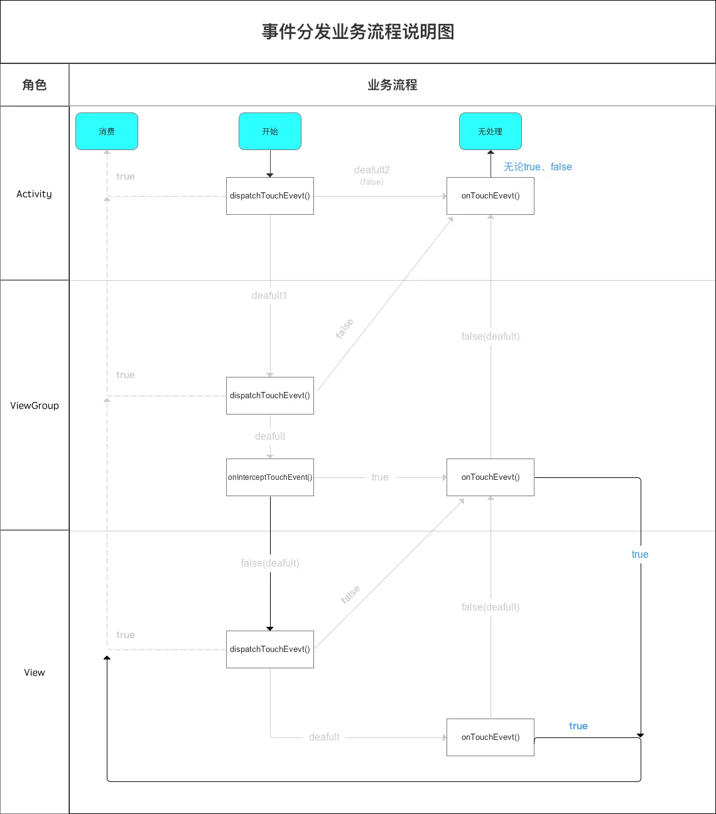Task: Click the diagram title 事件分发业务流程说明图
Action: [x=358, y=32]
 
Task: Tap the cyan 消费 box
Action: [x=107, y=131]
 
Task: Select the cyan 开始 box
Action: [x=270, y=131]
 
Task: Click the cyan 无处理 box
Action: [x=491, y=131]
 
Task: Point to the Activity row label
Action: [x=35, y=194]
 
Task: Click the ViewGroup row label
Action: [x=35, y=406]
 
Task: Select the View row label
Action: [x=35, y=673]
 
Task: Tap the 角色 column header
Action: [x=35, y=85]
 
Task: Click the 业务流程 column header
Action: [x=393, y=85]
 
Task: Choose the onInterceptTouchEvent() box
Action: [x=270, y=477]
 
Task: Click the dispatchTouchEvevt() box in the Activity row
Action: [x=270, y=196]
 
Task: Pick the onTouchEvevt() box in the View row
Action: [x=491, y=737]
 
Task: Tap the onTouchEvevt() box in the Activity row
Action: [x=491, y=196]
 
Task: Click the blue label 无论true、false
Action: [x=538, y=167]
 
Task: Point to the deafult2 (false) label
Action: [x=372, y=175]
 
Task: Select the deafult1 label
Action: [x=269, y=296]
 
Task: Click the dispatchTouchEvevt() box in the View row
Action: [x=270, y=649]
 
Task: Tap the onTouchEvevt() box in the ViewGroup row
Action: [x=491, y=477]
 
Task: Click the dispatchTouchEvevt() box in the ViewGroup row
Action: [x=270, y=396]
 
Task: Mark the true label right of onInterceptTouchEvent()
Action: [x=380, y=477]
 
